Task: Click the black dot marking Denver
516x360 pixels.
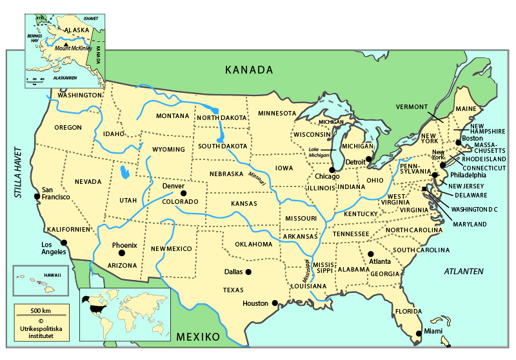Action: click(x=183, y=193)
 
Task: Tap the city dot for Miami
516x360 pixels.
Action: click(x=419, y=334)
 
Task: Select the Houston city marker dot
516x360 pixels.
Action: click(x=274, y=303)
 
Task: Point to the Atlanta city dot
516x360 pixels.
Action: click(x=371, y=254)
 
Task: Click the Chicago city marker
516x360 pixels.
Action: click(x=332, y=169)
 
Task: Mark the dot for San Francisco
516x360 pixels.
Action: click(x=37, y=196)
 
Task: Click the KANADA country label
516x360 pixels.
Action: click(x=249, y=70)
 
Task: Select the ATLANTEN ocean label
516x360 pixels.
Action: click(x=464, y=272)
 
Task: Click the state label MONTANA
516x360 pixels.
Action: click(x=173, y=116)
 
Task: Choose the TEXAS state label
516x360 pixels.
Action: click(x=233, y=290)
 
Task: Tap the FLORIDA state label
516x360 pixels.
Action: click(x=408, y=312)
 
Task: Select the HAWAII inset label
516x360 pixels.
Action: click(x=52, y=275)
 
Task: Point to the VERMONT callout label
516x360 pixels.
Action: click(x=412, y=106)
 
